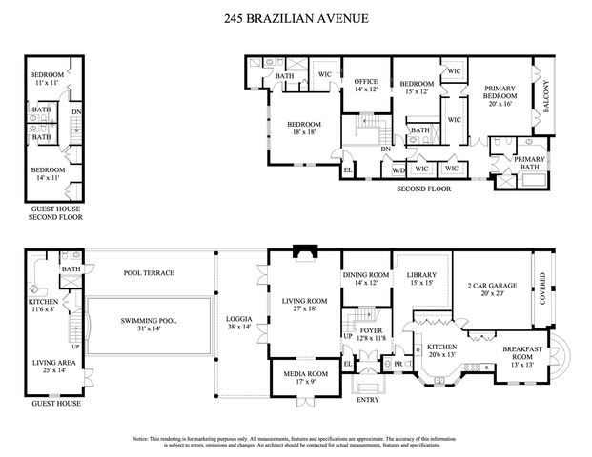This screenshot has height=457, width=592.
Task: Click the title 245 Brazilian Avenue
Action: [296, 17]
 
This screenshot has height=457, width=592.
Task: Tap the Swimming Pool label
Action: [148, 324]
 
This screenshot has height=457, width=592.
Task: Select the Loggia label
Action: [238, 322]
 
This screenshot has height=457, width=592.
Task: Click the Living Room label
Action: [305, 304]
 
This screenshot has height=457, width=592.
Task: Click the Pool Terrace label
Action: [150, 273]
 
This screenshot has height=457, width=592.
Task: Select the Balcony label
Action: [546, 95]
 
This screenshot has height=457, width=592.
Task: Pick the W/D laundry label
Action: [399, 169]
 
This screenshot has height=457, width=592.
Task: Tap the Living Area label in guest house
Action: [53, 365]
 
